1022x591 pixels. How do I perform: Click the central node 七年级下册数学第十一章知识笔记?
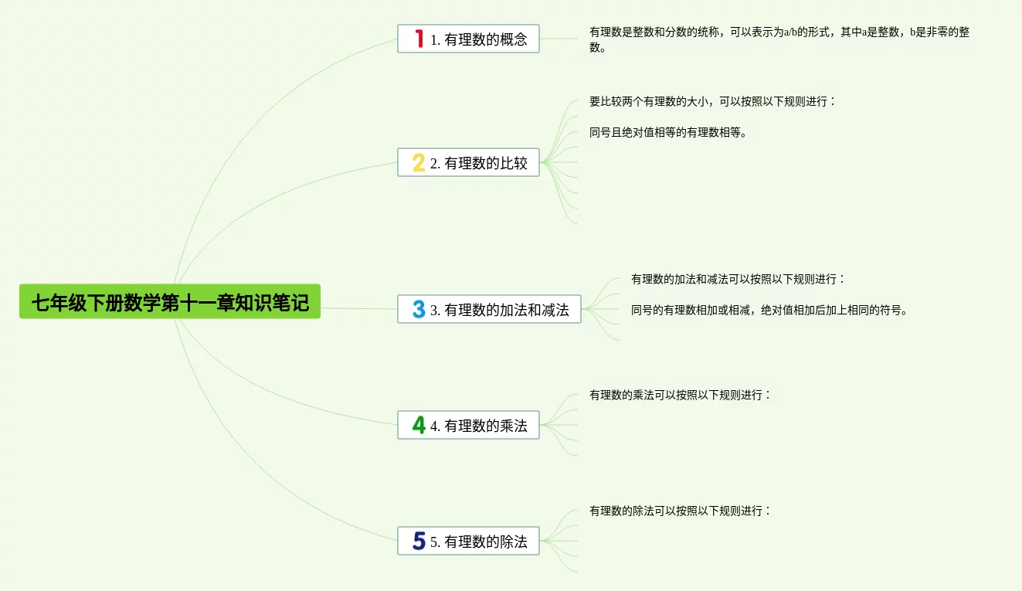[x=170, y=301]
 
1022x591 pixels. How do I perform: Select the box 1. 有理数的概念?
[x=468, y=39]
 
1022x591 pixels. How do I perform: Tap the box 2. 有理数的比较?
[x=468, y=162]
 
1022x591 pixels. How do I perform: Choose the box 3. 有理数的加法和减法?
[x=489, y=310]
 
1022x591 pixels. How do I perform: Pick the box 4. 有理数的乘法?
[x=468, y=425]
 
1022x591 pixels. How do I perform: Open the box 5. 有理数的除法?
[x=468, y=541]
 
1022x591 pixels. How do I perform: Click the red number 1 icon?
[x=419, y=39]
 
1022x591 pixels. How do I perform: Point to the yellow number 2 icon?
[x=419, y=162]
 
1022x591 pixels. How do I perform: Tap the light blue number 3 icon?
[x=419, y=310]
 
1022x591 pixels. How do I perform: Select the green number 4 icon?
[x=419, y=425]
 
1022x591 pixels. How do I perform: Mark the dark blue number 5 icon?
[x=419, y=541]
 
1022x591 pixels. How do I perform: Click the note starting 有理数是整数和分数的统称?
[x=779, y=39]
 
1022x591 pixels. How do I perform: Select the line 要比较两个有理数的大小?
[x=711, y=101]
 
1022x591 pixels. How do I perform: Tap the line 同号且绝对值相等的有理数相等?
[x=667, y=132]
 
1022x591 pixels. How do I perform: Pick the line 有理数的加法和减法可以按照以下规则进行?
[x=738, y=279]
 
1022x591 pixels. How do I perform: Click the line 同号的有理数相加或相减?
[x=769, y=311]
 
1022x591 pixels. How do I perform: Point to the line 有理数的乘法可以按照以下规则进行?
[x=680, y=395]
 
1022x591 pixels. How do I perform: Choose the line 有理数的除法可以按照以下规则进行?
[x=680, y=511]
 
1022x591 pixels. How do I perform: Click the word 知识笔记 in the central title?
[x=272, y=302]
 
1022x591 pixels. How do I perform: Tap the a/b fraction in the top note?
[x=790, y=32]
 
